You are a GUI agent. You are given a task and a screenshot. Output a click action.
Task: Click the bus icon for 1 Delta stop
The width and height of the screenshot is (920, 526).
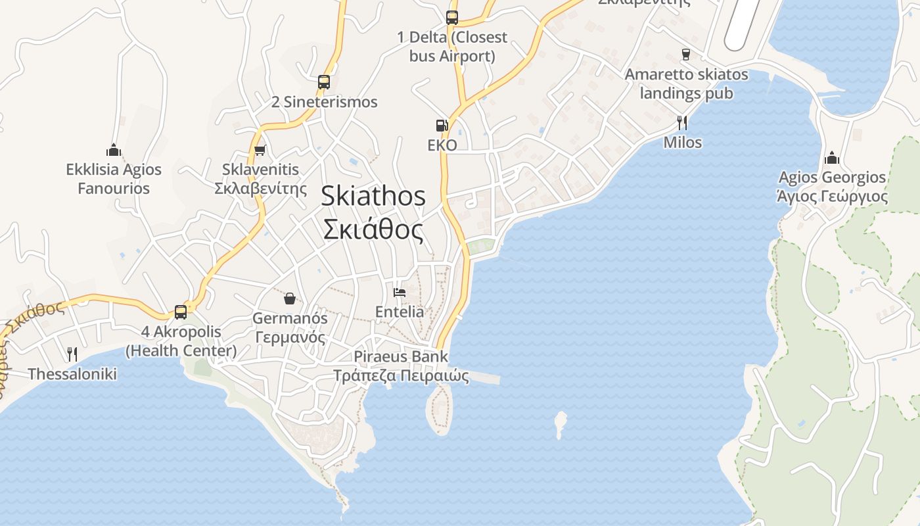(452, 18)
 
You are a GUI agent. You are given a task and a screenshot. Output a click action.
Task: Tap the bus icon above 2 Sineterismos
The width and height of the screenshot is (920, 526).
(323, 82)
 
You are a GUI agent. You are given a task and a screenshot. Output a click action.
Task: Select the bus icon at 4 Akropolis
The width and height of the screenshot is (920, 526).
(181, 312)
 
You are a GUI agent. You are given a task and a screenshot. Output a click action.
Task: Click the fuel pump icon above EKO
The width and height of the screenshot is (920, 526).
(442, 125)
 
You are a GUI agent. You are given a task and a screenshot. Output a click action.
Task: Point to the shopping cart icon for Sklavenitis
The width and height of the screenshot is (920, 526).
(260, 150)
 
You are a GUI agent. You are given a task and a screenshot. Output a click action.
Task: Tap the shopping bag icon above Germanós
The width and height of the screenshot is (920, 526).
(290, 299)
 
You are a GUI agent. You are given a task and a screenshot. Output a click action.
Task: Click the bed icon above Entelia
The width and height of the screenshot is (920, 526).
(399, 292)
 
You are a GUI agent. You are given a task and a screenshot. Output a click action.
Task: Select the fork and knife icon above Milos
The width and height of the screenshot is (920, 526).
(682, 122)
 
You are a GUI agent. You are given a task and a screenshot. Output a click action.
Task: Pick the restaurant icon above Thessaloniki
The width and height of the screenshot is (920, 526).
(72, 354)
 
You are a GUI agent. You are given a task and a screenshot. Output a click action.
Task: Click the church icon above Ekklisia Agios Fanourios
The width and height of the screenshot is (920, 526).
(114, 151)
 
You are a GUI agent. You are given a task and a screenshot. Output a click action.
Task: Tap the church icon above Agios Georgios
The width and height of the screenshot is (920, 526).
(832, 158)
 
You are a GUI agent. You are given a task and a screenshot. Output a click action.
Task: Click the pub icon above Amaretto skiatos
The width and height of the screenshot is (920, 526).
(686, 55)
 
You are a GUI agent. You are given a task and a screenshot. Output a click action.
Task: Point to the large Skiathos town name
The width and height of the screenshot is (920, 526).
(373, 197)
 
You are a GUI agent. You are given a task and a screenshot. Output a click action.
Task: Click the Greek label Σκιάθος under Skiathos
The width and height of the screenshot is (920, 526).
(373, 229)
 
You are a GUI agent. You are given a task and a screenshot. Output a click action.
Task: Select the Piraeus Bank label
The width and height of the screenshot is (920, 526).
(401, 357)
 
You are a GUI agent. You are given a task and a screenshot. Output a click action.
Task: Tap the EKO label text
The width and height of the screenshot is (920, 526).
(442, 145)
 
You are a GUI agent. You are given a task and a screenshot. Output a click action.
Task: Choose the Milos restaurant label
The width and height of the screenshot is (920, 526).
(683, 143)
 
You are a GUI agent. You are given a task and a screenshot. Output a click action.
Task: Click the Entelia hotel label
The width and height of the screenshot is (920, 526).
(400, 312)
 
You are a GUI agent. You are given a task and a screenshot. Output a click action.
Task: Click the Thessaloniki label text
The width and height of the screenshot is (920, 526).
(72, 374)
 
